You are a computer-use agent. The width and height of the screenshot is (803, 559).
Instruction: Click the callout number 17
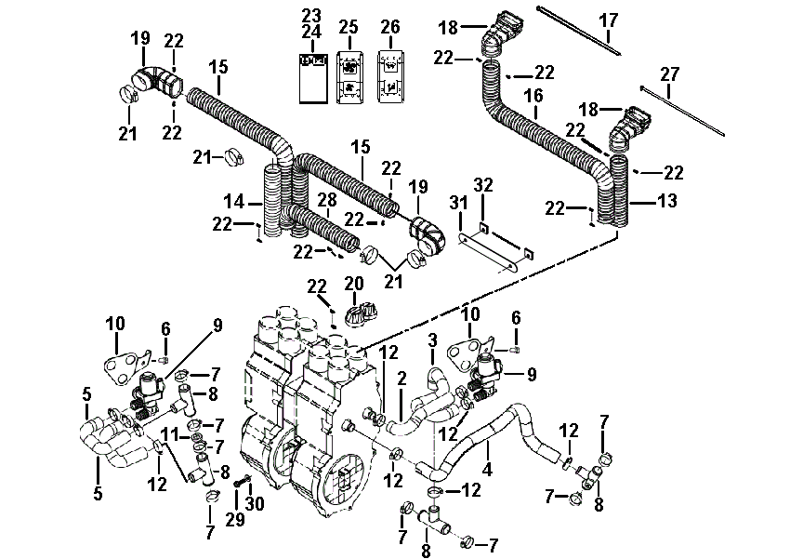(609, 21)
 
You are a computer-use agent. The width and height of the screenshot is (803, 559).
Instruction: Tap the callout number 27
(669, 74)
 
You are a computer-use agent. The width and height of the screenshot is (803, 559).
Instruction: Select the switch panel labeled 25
(349, 77)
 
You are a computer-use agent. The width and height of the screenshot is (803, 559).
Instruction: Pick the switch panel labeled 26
(390, 77)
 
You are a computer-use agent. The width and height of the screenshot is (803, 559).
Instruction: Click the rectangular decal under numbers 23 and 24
(313, 78)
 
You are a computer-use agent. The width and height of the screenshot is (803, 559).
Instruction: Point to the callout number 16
(533, 96)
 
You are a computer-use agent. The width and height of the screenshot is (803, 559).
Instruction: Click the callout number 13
(667, 201)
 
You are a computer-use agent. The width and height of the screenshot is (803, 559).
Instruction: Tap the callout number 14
(234, 201)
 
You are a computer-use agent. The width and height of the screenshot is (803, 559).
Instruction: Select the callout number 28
(327, 200)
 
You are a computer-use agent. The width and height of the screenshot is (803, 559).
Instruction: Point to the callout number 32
(483, 184)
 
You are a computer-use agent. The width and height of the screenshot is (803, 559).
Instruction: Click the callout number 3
(433, 339)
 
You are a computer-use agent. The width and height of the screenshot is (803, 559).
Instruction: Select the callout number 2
(402, 379)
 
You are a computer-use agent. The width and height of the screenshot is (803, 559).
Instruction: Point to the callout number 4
(487, 468)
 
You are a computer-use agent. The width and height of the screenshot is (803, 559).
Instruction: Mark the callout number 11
(168, 436)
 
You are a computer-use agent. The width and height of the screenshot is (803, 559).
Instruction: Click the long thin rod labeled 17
(579, 31)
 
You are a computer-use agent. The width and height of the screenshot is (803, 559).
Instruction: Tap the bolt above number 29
(243, 482)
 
